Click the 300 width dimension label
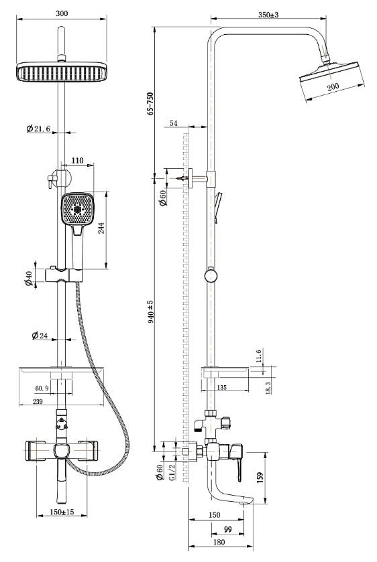click(62, 13)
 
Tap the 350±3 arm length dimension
click(268, 15)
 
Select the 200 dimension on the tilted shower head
click(333, 86)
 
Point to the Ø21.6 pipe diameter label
click(38, 129)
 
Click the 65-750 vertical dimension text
click(150, 104)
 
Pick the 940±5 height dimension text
click(151, 311)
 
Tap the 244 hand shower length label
click(101, 228)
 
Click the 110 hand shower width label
click(77, 161)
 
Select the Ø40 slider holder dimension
click(28, 279)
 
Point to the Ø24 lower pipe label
click(40, 336)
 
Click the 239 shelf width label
click(38, 401)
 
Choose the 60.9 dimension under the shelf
click(42, 388)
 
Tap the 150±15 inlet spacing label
click(62, 512)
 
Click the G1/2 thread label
click(171, 472)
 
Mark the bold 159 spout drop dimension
click(260, 477)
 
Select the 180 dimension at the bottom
click(219, 543)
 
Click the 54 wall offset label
click(174, 123)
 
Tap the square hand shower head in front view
click(77, 209)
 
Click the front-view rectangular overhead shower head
click(62, 72)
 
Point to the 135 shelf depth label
click(222, 387)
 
